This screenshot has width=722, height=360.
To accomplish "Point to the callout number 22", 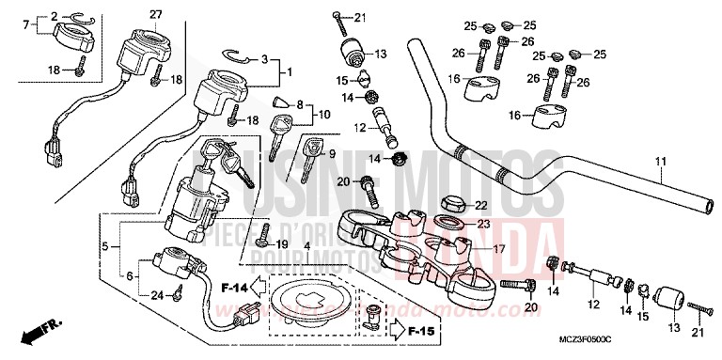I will pyautogui.click(x=481, y=205).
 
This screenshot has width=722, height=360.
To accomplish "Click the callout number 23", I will pyautogui.click(x=483, y=224).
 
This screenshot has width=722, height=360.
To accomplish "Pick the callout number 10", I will pyautogui.click(x=325, y=114).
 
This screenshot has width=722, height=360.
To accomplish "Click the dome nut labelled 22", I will pyautogui.click(x=452, y=203).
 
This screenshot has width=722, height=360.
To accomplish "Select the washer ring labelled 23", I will pyautogui.click(x=451, y=224).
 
